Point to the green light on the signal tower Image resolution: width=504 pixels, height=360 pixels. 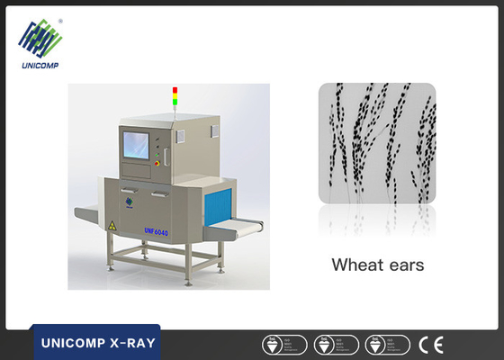(175, 102)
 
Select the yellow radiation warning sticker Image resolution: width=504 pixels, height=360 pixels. (112, 224)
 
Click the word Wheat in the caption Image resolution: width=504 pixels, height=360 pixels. (353, 265)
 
